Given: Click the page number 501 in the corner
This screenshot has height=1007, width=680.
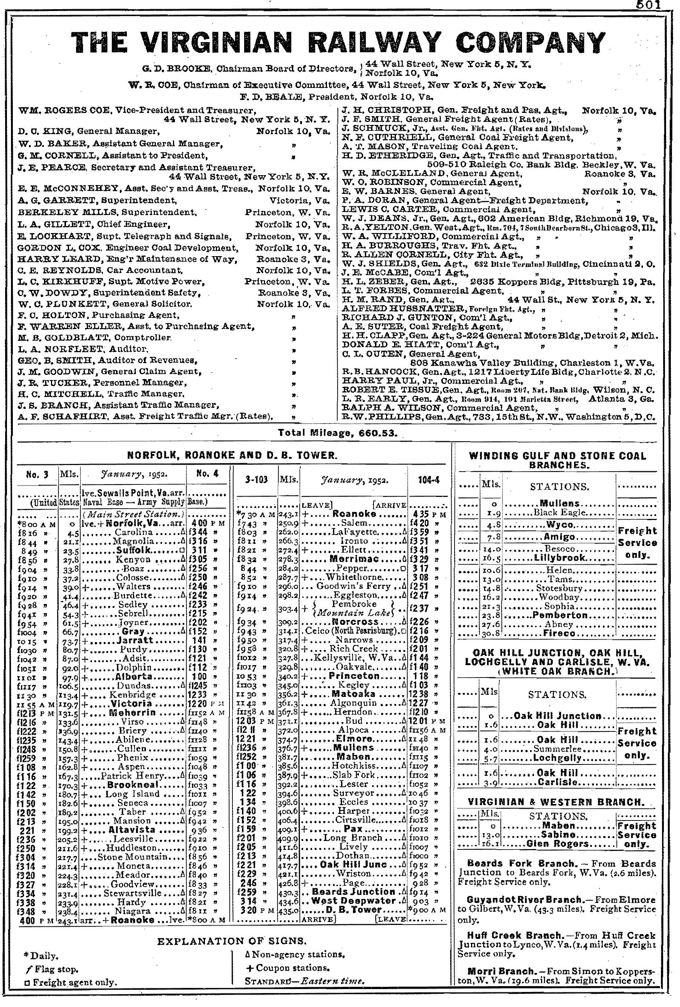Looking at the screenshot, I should point(648,5).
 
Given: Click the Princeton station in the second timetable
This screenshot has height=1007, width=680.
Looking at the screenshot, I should point(354,676).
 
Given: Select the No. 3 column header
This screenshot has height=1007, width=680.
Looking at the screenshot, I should point(37,475).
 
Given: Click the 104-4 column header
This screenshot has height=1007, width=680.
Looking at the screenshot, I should point(429,480).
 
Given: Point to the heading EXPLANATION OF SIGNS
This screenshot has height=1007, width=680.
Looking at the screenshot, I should point(232,941).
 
